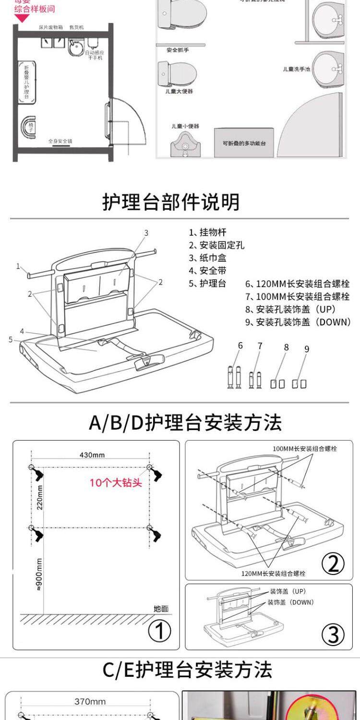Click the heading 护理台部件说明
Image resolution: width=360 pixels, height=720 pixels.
(171, 202)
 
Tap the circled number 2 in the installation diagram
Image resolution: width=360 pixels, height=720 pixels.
(333, 564)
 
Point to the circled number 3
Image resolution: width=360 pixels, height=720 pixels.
(333, 635)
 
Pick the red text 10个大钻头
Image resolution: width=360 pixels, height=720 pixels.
(116, 482)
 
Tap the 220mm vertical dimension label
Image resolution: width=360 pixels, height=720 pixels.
(39, 497)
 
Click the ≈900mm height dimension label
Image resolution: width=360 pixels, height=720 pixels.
(39, 575)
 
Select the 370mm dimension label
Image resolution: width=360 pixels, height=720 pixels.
(90, 701)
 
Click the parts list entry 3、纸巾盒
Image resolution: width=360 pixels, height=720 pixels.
(207, 258)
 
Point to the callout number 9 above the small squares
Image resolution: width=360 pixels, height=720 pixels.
(307, 349)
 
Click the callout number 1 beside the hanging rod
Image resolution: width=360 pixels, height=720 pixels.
(18, 266)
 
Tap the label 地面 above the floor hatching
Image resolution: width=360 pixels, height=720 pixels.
(161, 609)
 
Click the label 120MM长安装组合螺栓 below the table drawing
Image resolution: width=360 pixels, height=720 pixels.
(274, 573)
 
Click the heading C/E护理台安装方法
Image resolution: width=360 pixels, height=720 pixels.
(187, 670)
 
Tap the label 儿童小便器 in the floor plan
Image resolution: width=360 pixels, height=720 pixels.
(185, 126)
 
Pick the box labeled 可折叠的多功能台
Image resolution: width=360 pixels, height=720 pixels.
(244, 143)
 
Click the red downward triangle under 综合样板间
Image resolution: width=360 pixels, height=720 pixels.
(22, 18)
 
